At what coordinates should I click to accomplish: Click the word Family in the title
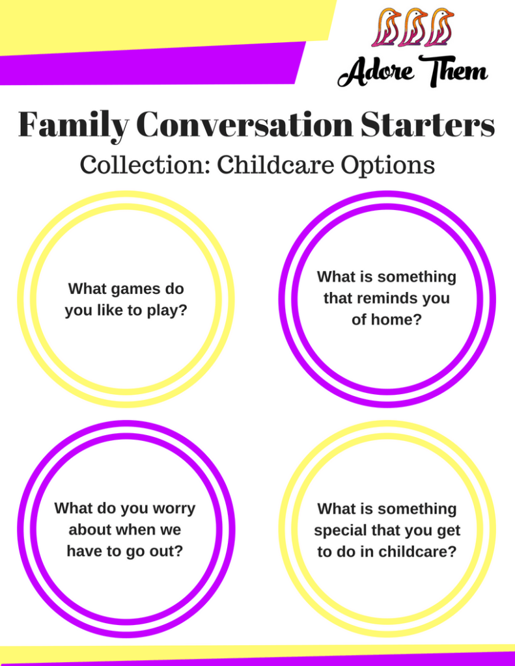click(73, 125)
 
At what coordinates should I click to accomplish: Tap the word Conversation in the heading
click(245, 124)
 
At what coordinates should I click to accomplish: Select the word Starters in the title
click(427, 124)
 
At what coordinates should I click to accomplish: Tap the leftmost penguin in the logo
click(385, 27)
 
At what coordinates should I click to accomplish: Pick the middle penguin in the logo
click(412, 27)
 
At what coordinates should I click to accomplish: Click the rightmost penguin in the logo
click(439, 27)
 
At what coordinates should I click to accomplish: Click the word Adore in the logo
click(376, 73)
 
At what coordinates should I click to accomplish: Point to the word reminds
click(382, 298)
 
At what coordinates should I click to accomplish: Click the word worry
click(173, 509)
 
